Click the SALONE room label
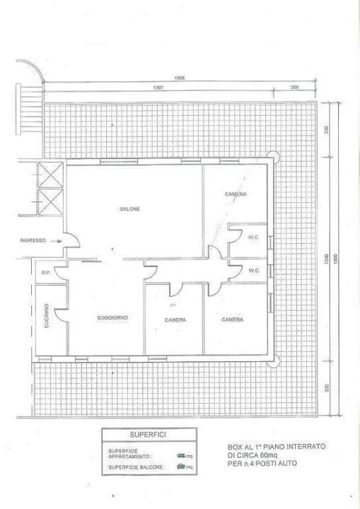129,209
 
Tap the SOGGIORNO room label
112,318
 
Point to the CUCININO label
45,315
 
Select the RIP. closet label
45,271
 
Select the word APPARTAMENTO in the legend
127,456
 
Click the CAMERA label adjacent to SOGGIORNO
175,320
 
